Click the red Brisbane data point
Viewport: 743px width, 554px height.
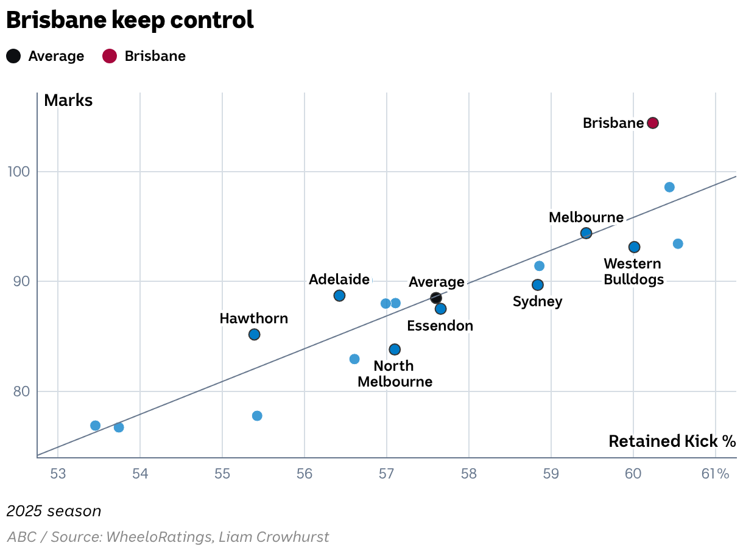pos(653,123)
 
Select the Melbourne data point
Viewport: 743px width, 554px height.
pos(586,233)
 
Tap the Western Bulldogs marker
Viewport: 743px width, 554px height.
pos(634,247)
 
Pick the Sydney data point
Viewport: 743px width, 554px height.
pos(538,285)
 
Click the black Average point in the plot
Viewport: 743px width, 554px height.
pos(436,298)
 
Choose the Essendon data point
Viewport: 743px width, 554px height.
pos(441,309)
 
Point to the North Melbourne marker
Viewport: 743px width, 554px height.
pos(395,349)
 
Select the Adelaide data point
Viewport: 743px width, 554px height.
pos(340,296)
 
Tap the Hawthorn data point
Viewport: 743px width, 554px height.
pos(255,334)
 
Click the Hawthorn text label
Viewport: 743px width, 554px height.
pos(254,318)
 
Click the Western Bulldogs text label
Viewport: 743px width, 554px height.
pos(632,272)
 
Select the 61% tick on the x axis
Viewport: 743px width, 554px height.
pos(715,474)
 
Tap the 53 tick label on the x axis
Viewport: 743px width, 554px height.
pos(58,474)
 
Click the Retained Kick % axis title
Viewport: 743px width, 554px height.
pos(672,441)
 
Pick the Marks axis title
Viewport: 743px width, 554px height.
pos(68,100)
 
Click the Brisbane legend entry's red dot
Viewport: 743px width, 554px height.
pos(110,57)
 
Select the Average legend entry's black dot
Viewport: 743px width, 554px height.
pos(13,57)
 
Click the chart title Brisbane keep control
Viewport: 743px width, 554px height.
pos(130,21)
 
